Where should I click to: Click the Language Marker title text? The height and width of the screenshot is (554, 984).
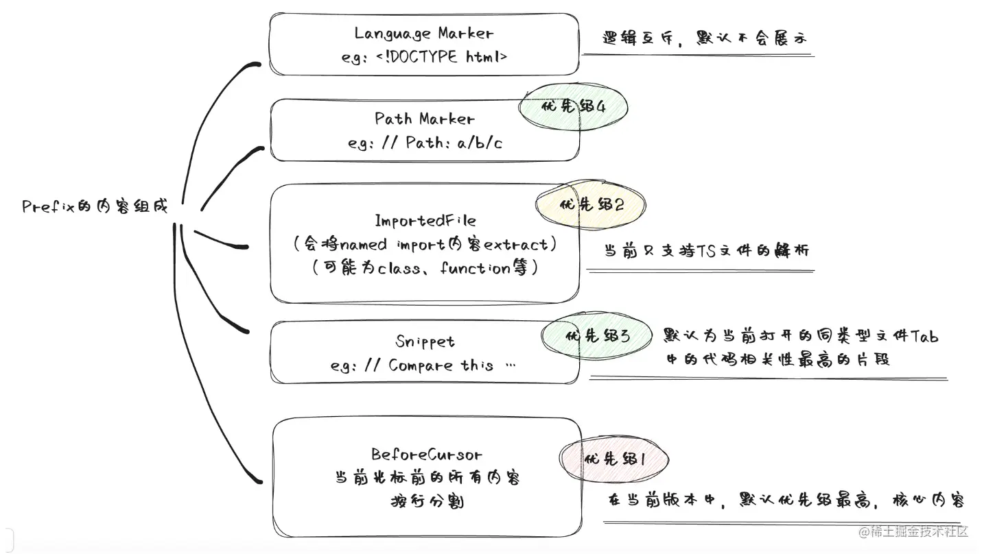click(x=423, y=33)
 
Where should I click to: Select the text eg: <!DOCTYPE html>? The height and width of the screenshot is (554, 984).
click(x=423, y=57)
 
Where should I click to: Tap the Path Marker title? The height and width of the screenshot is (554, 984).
click(x=424, y=119)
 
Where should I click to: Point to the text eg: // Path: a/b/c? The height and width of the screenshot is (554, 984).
click(x=424, y=143)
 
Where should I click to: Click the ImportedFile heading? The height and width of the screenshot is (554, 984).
click(x=425, y=220)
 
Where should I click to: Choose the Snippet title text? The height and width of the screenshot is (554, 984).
click(x=425, y=341)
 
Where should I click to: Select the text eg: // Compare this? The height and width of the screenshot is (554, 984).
click(x=423, y=365)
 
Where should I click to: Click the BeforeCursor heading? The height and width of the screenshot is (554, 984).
click(x=426, y=454)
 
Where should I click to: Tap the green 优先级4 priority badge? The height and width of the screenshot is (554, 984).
click(x=573, y=107)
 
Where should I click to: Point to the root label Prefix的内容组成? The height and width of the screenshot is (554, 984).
click(x=95, y=206)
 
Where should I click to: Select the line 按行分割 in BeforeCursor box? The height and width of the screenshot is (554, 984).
click(x=426, y=502)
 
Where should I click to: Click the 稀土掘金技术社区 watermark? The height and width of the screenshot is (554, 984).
click(x=913, y=531)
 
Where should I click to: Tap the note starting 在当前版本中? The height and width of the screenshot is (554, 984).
click(x=785, y=500)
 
